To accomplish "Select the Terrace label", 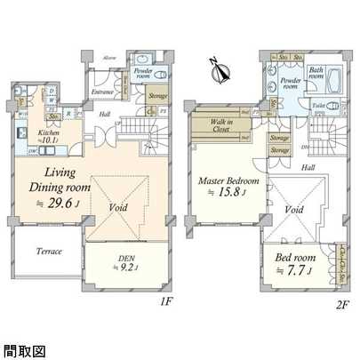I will coord(49,252).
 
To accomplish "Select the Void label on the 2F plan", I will coord(294,211).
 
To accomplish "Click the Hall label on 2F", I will coord(308,167).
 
